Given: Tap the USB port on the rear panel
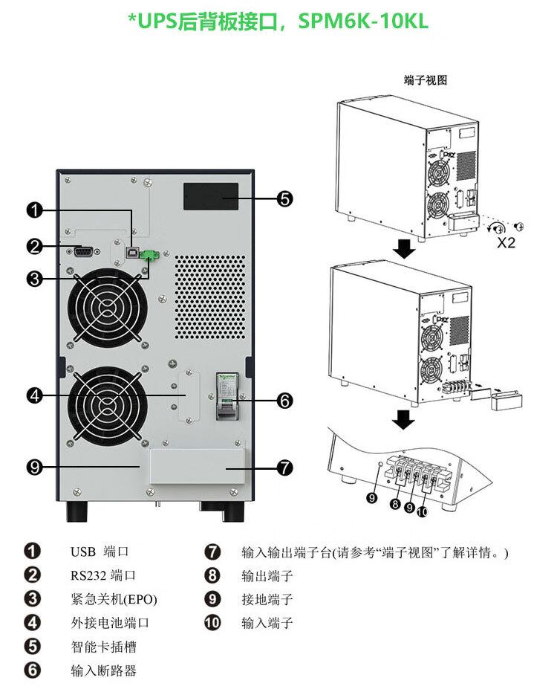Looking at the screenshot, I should pos(132,253).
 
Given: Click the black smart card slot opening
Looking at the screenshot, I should pos(211,198).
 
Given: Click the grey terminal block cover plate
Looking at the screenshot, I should pos(197,468).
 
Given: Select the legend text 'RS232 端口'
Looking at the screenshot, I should pos(103,576).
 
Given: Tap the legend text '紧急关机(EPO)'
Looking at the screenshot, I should pos(114,600).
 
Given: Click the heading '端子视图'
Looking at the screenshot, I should pos(426,80).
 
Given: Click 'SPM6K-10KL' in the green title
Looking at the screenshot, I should pos(363,21).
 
